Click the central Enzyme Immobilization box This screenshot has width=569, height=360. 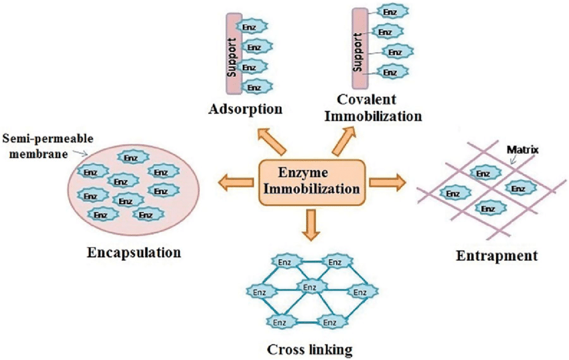pos(312,180)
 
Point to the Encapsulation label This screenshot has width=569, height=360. pos(135,253)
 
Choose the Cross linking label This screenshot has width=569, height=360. pos(309,349)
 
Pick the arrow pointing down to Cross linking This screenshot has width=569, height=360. pos(312,223)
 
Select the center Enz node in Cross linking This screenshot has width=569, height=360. pos(309,287)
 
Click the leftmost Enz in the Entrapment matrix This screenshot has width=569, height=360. pos(453,194)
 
